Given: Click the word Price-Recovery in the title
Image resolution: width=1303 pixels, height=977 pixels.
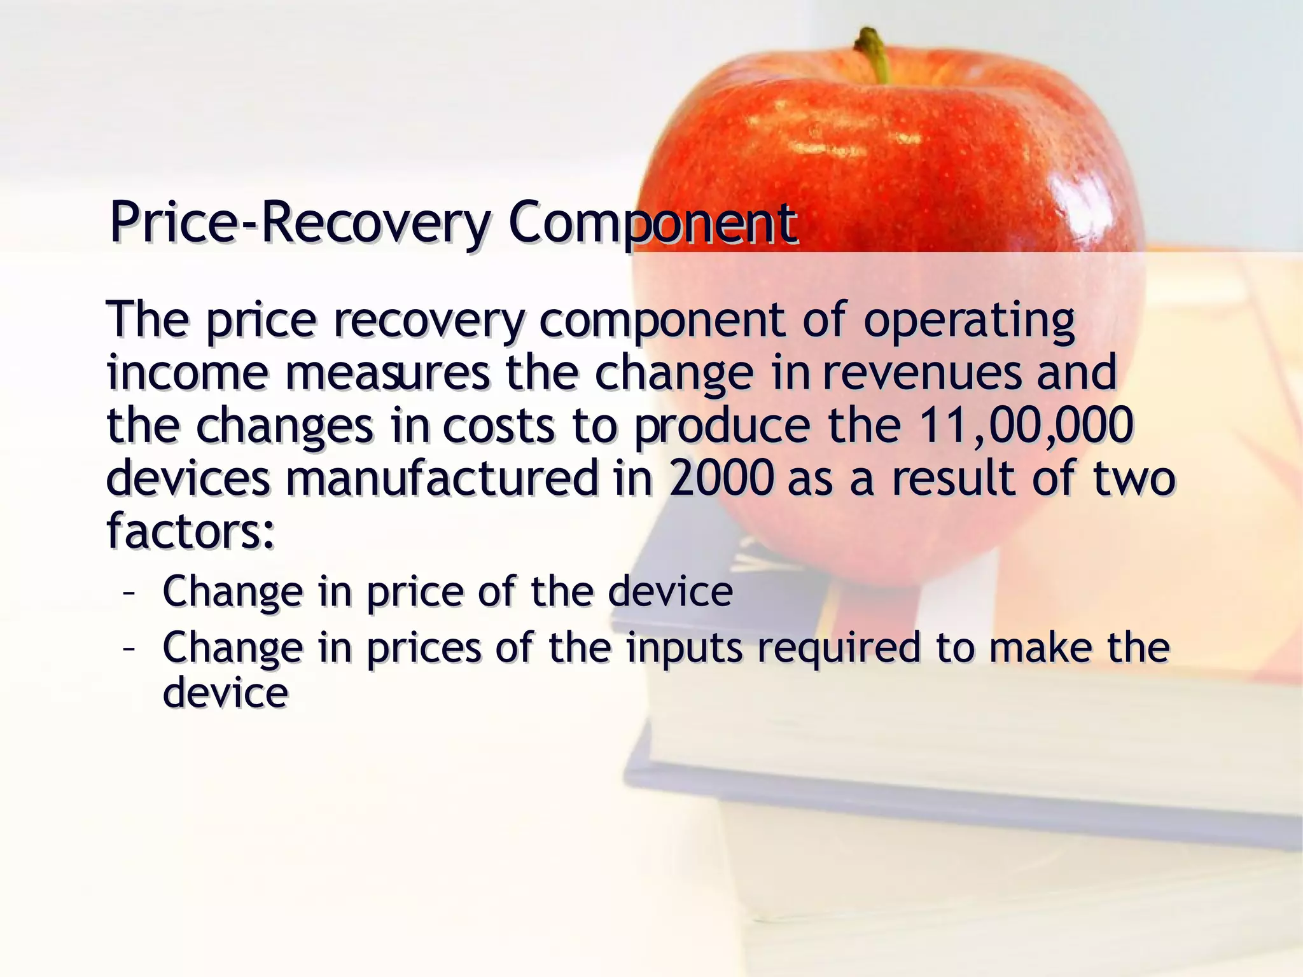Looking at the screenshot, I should [300, 223].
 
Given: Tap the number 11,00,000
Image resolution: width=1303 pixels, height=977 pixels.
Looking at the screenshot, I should [1026, 425].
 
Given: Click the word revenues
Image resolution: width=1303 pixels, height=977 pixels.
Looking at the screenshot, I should [923, 373].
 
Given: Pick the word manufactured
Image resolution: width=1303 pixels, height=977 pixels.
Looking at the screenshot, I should [442, 478].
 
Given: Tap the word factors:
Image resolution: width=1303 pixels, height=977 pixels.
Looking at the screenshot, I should [191, 530].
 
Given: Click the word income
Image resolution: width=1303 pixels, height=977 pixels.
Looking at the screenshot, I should [188, 373].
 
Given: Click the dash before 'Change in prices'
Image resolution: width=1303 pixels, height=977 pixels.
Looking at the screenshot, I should [129, 649].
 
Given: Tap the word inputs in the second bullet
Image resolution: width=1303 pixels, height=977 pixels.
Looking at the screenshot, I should [684, 649].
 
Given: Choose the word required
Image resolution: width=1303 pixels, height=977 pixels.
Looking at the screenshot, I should [839, 649].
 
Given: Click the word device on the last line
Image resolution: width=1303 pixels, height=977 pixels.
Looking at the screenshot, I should [226, 693].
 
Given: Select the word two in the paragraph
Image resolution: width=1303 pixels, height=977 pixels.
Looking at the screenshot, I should [1133, 478].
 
